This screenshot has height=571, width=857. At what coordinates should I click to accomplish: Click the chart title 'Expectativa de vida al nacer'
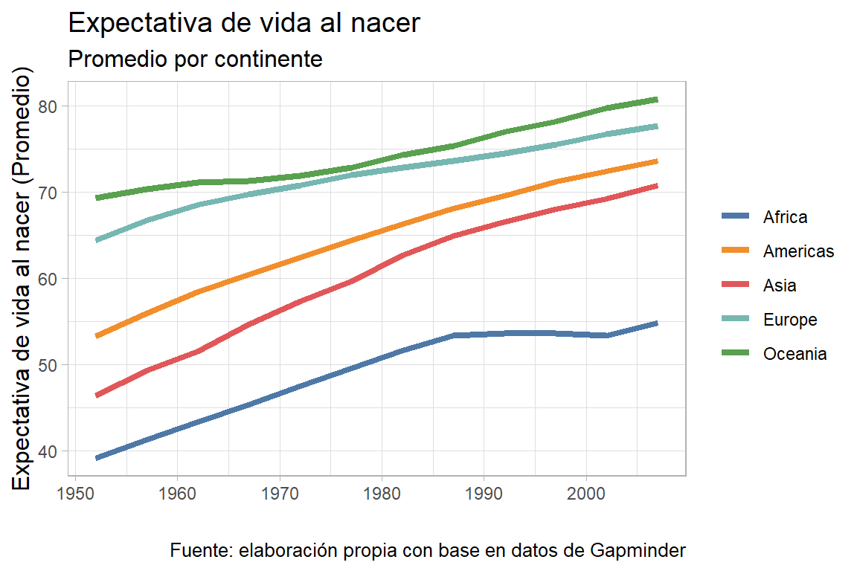click(x=244, y=23)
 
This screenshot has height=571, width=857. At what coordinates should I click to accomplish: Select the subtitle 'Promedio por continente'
click(x=195, y=59)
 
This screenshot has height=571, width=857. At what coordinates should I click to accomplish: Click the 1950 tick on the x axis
click(x=74, y=493)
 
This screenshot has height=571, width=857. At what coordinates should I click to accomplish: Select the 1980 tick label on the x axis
click(x=382, y=493)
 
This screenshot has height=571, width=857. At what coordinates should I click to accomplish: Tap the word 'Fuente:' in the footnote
click(x=202, y=551)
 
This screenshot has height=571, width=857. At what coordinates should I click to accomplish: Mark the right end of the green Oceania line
click(x=657, y=99)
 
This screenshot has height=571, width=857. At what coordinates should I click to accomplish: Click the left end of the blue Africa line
click(x=97, y=458)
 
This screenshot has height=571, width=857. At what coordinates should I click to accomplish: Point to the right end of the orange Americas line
click(x=657, y=161)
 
